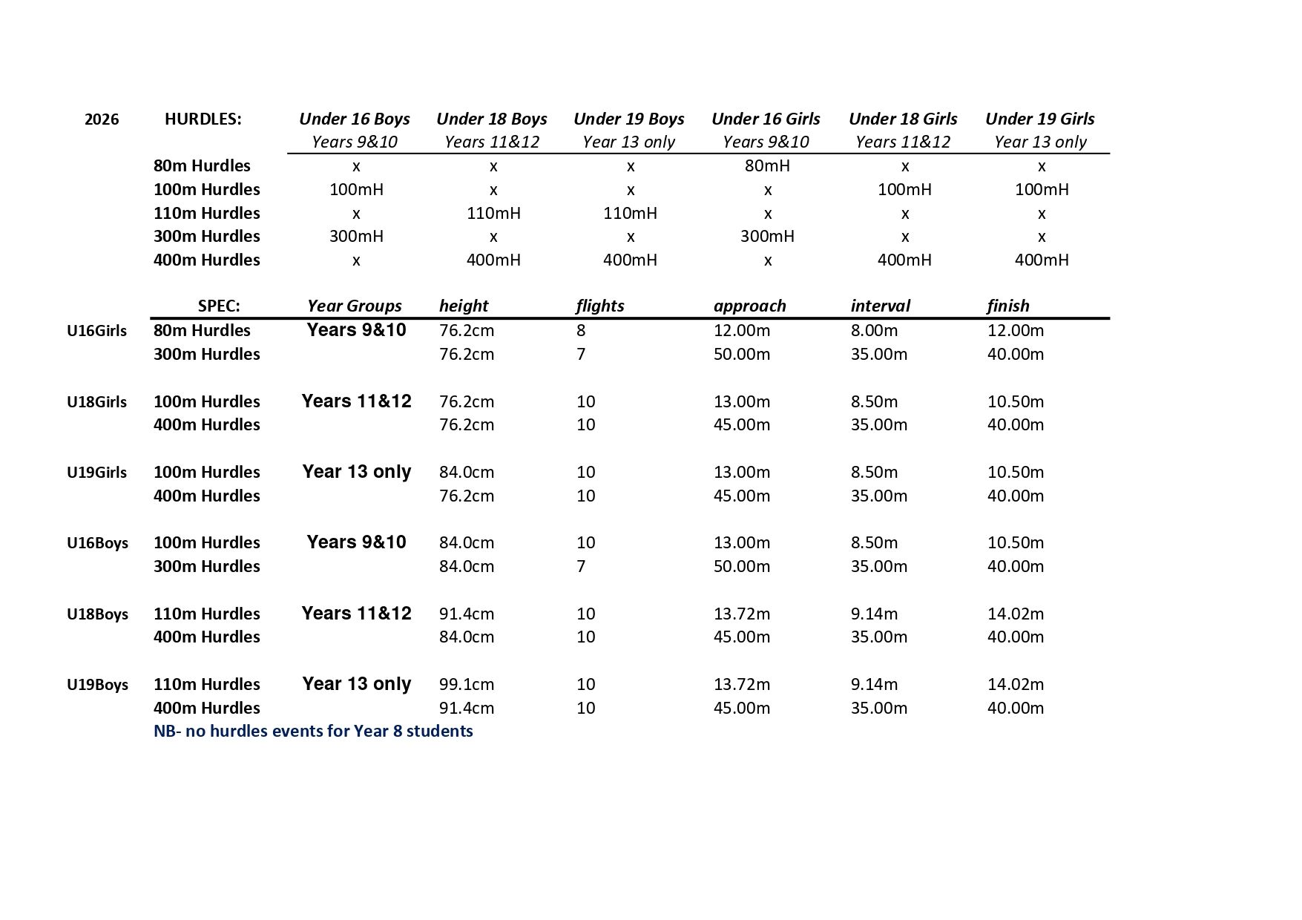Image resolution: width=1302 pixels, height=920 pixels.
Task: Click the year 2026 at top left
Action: click(x=102, y=119)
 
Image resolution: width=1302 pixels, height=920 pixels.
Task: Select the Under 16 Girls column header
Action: click(x=766, y=119)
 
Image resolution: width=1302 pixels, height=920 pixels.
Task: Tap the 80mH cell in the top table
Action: click(x=767, y=165)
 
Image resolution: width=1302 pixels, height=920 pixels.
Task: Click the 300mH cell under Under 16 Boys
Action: click(x=356, y=236)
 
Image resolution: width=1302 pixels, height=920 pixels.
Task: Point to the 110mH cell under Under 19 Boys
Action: click(x=630, y=213)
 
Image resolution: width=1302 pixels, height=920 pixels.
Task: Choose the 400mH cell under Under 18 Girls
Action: click(x=904, y=260)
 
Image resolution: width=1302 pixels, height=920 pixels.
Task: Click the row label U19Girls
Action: click(x=96, y=473)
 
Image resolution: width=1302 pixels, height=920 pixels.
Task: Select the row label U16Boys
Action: click(x=97, y=543)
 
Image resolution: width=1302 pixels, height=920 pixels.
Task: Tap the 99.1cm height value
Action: click(x=466, y=684)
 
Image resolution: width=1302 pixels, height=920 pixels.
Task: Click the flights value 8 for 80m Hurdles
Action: click(x=581, y=330)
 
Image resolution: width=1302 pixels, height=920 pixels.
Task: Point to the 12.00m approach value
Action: click(x=742, y=330)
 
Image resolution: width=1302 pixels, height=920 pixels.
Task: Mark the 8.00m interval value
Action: click(x=874, y=330)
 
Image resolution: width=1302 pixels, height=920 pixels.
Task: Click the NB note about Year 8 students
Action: click(x=313, y=731)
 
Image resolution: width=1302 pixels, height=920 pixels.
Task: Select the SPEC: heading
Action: click(x=219, y=306)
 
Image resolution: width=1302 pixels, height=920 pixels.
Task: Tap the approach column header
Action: click(x=749, y=306)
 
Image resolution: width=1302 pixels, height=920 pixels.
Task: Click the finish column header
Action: click(x=1007, y=306)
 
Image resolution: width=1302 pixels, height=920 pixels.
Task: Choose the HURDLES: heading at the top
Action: click(x=203, y=119)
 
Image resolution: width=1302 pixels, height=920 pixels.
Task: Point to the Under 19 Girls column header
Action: click(x=1039, y=119)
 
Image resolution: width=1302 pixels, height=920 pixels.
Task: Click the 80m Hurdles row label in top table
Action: click(x=202, y=165)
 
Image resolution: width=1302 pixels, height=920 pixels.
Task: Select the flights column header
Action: click(x=599, y=306)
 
